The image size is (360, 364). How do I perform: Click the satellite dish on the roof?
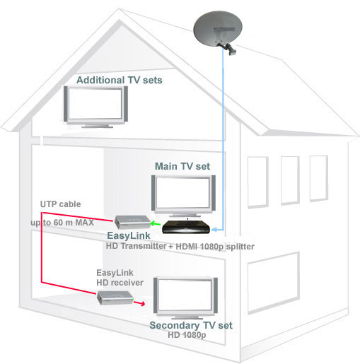pos(218,29)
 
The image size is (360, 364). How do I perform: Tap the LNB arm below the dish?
pos(228,49)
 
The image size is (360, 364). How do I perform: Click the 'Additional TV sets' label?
pos(120,80)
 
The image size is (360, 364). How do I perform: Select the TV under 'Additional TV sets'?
pos(95,107)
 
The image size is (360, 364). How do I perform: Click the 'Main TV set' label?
pos(182,166)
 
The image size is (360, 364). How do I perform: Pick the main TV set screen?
pos(183,193)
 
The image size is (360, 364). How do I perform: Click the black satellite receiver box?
pos(186,227)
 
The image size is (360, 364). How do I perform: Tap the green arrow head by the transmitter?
pos(153,223)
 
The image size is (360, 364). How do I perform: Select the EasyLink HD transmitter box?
pos(132,222)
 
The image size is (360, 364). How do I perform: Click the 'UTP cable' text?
pos(60,204)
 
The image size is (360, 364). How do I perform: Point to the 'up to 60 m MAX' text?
pos(62,223)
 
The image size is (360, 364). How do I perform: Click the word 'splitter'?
pos(240,247)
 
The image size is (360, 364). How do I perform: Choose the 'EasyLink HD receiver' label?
pos(120,278)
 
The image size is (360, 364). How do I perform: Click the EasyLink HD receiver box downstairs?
pos(115,298)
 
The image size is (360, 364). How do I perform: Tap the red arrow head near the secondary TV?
pos(142,304)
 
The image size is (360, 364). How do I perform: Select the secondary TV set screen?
pos(185,295)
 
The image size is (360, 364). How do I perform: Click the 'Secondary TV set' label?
pos(191,325)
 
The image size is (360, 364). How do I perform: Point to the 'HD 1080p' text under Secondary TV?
pos(187,335)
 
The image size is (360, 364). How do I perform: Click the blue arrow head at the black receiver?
pos(214,230)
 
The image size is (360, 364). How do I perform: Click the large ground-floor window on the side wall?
pos(274,283)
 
